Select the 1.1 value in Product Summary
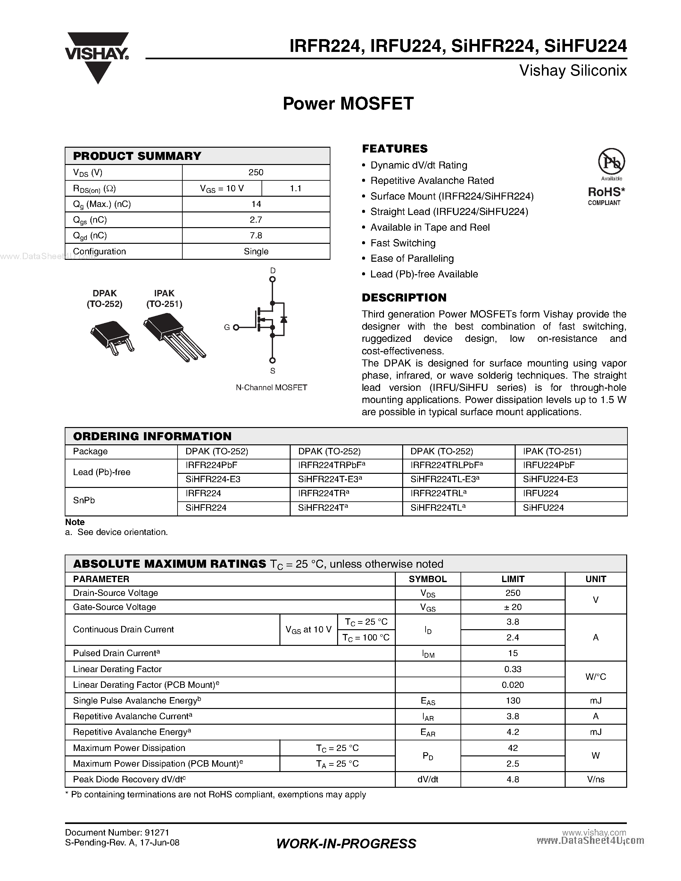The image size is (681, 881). pos(295,188)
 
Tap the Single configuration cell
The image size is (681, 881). pos(256,251)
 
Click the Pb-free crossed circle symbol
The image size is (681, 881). pos(611,161)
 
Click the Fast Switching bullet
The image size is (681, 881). pos(403,243)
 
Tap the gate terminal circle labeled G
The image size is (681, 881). pos(236,327)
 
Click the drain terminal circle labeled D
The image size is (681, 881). pos(272,279)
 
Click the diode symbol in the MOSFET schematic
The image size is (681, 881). pos(284,319)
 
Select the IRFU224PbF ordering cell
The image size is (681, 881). pos(549,465)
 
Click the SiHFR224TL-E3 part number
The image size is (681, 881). pos(444,479)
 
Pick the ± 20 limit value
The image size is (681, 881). pos(512,607)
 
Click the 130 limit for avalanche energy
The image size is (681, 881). pos(512,700)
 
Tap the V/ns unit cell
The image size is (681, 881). pos(595,779)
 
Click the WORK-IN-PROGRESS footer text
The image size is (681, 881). pos(346,844)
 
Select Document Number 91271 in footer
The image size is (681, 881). pos(117,833)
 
